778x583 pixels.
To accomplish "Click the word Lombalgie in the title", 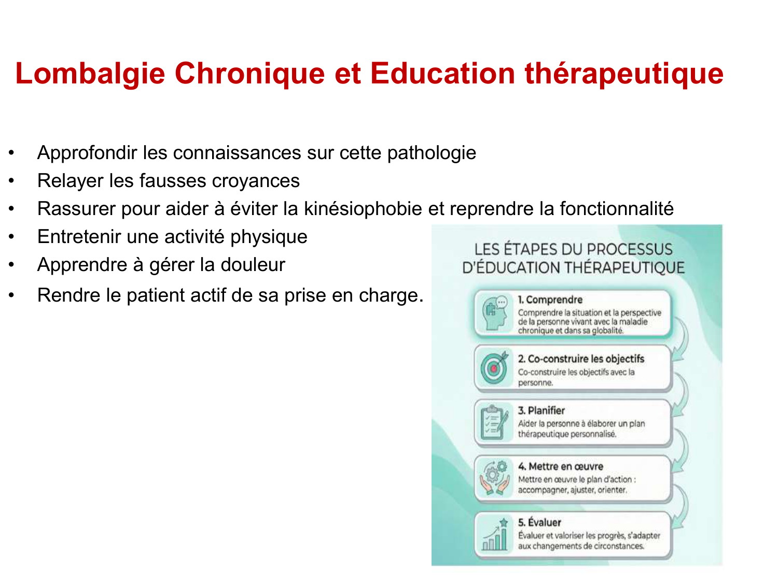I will tap(90, 74).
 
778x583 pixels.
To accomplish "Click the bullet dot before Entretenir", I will tap(11, 237).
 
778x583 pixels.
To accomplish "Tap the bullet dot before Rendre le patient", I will tap(11, 296).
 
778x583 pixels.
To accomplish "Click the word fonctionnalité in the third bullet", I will tap(616, 209).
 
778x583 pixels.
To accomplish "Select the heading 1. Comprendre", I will tap(550, 300).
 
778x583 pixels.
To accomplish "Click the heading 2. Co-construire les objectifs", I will tap(581, 359).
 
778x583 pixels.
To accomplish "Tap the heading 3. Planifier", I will tap(541, 410).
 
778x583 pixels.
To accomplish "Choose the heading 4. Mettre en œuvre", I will tap(560, 466).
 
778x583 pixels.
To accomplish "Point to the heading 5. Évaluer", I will tap(539, 522).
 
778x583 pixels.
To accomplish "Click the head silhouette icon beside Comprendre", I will tap(494, 314).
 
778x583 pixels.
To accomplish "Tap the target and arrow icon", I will tap(494, 368).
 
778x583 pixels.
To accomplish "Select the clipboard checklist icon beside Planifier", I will tap(494, 422).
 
